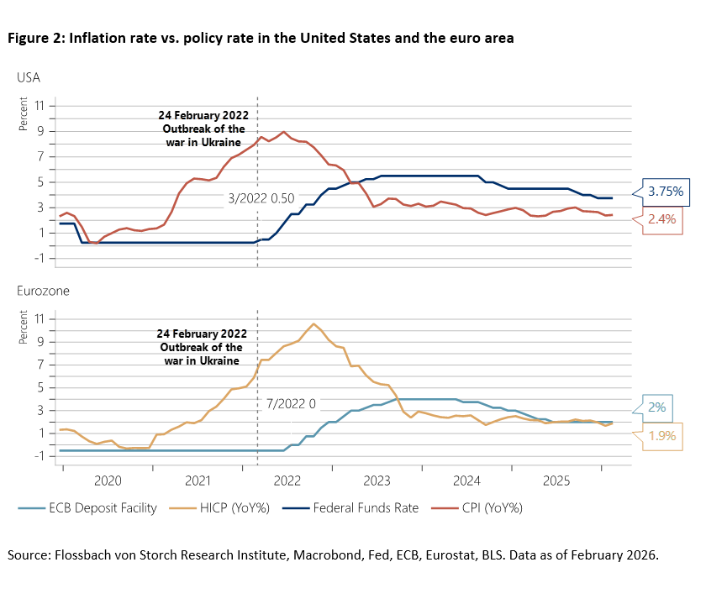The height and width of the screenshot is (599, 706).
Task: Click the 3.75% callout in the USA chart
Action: pos(666,192)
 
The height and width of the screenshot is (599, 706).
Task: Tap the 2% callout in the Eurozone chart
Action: pos(656,407)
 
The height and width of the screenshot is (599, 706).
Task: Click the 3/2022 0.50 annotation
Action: pos(262,199)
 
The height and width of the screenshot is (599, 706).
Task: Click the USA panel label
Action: pos(29,77)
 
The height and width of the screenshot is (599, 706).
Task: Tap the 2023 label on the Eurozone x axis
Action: pos(376,482)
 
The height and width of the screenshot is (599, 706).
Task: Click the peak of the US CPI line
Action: pos(284,132)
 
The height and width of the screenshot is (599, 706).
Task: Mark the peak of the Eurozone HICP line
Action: pos(313,323)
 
